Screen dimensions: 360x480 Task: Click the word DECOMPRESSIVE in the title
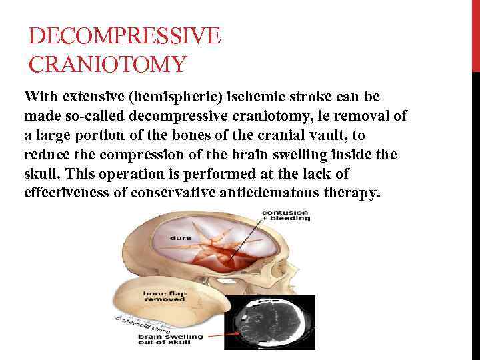point(125,36)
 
